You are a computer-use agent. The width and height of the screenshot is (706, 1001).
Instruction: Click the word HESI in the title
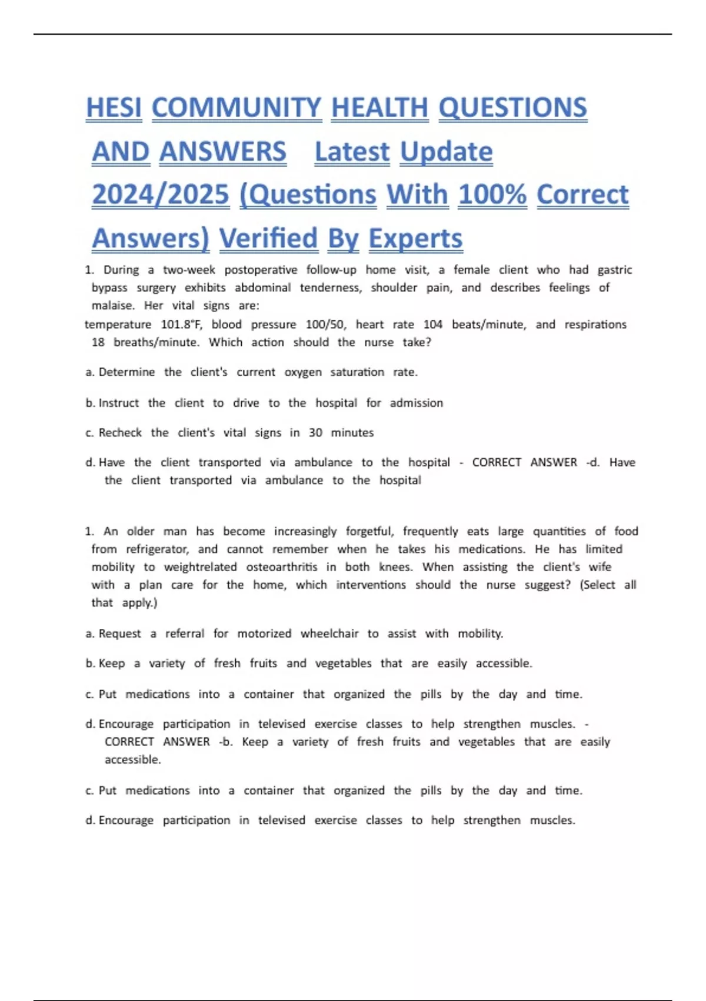click(114, 108)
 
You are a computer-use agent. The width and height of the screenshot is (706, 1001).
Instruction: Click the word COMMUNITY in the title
click(237, 108)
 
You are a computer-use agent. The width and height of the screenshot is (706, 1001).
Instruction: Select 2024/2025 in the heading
click(160, 195)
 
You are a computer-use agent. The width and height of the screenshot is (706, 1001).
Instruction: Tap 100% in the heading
click(492, 195)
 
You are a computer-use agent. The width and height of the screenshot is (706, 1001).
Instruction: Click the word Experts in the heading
click(415, 238)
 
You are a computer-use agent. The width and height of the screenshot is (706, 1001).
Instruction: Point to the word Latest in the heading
click(352, 152)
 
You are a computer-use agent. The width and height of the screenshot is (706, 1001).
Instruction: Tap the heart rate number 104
click(433, 324)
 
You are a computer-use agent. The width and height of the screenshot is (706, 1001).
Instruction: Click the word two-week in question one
click(189, 270)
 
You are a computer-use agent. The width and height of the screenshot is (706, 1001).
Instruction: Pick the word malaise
click(113, 306)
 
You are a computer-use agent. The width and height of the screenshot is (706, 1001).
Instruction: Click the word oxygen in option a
click(303, 372)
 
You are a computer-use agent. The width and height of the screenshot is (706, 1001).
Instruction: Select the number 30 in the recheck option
click(315, 433)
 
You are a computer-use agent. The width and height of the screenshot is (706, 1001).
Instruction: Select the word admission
click(416, 403)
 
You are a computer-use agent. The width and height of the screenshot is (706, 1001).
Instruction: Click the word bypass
click(109, 288)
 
